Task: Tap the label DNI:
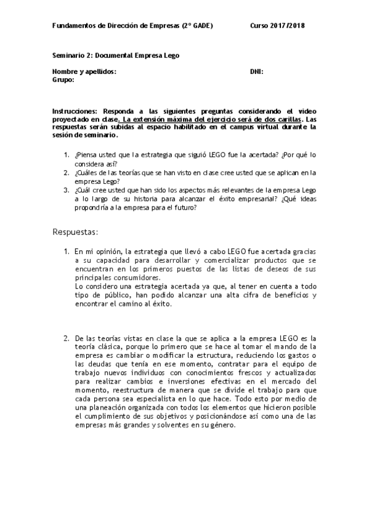tap(257, 72)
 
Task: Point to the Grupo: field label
tap(63, 80)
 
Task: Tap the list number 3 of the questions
tap(67, 191)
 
